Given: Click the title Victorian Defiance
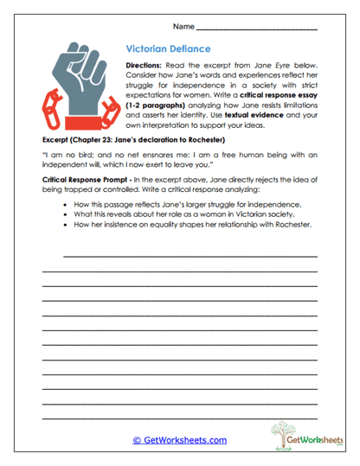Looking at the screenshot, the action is pos(168,49).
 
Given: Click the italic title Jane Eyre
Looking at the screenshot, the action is pos(267,65).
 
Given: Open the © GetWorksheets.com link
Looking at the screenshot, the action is pos(179,440).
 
